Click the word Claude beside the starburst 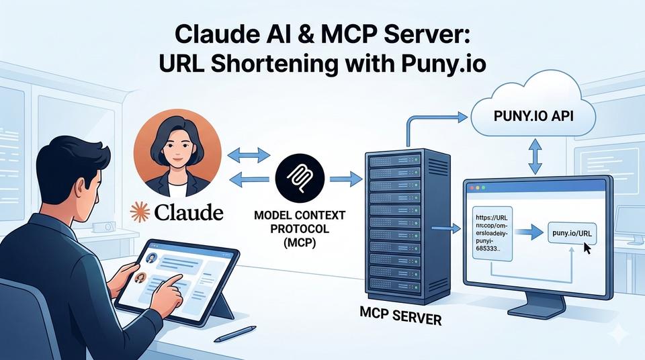click(x=187, y=213)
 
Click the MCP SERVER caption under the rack click(x=400, y=316)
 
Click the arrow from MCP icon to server click(x=345, y=179)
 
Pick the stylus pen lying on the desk click(x=241, y=332)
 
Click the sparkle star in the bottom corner click(x=613, y=334)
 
